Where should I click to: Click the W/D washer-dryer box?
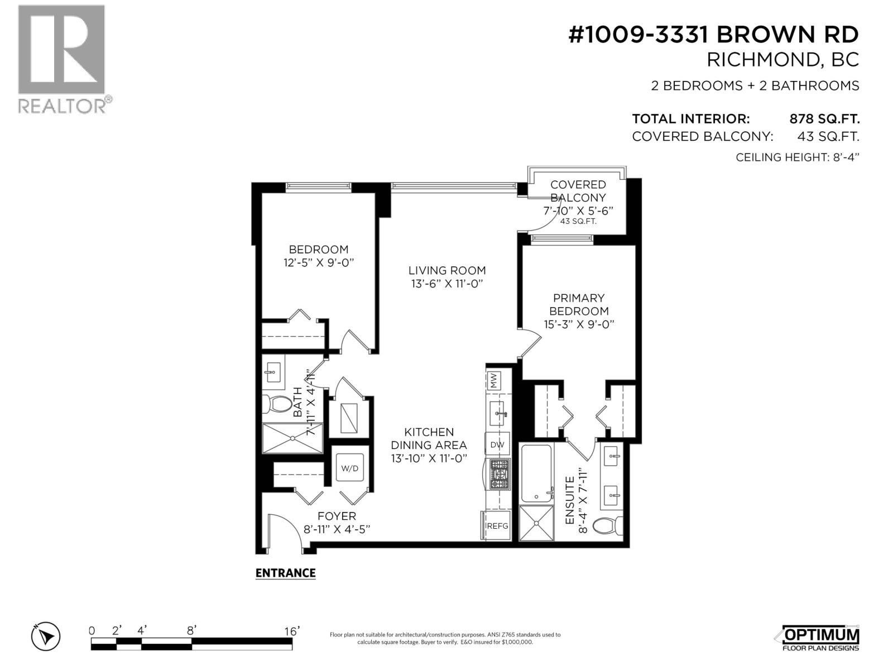350,468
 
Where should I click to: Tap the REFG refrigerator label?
497,526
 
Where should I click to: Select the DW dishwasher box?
497,444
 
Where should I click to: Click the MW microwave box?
494,381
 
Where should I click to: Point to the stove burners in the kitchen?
500,475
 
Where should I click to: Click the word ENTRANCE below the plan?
285,573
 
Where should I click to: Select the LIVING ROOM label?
446,270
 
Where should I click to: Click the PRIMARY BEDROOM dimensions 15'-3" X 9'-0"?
579,324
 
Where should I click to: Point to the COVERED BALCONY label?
578,191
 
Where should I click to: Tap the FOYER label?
337,516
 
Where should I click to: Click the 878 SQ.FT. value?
824,119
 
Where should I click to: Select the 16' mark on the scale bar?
291,631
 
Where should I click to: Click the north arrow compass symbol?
46,636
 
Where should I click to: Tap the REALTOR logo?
62,59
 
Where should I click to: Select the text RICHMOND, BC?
782,60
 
